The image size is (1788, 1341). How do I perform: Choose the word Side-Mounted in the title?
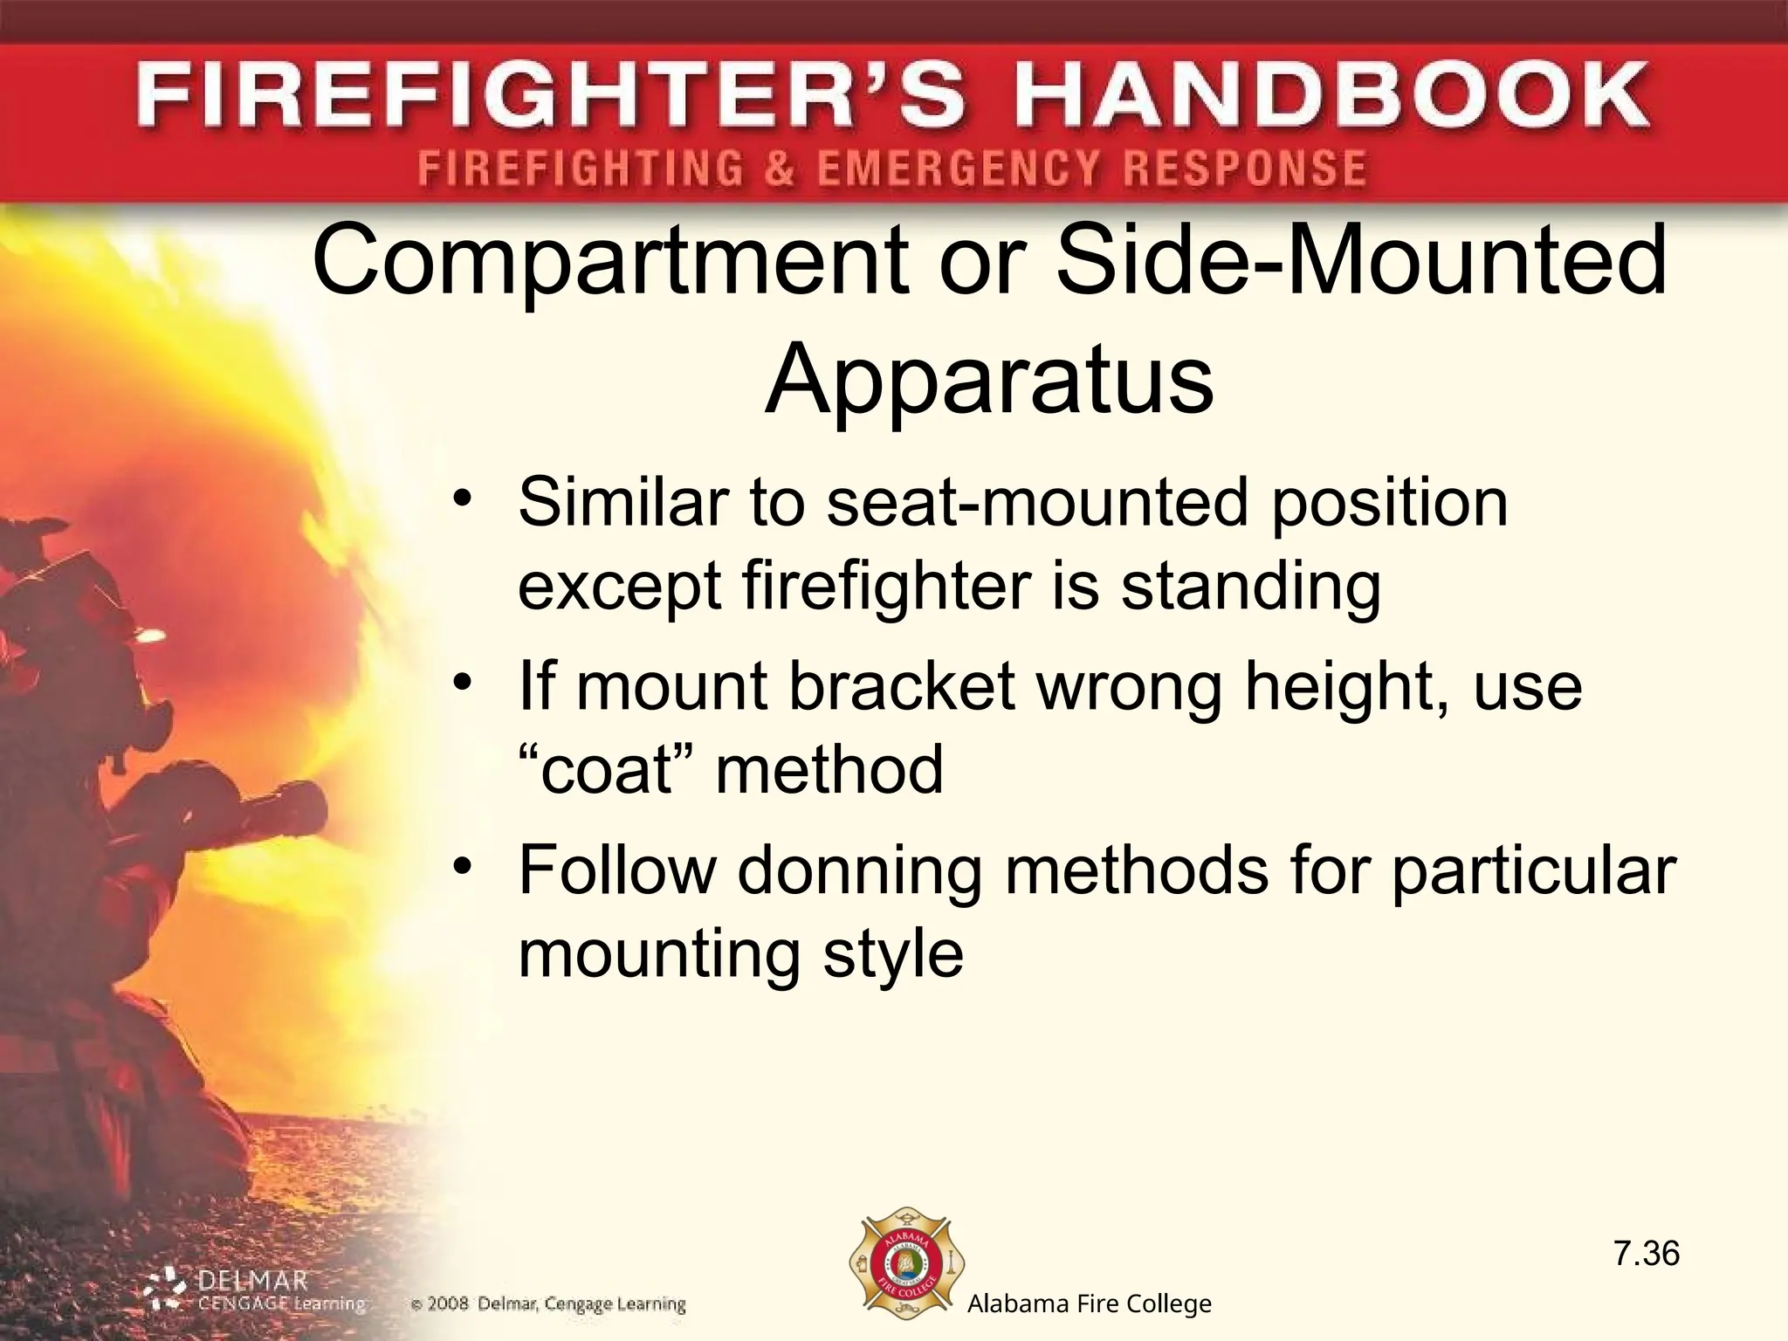[x=1362, y=261]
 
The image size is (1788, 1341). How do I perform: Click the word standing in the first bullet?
[x=1250, y=587]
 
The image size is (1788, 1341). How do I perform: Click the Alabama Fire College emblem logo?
[x=907, y=1262]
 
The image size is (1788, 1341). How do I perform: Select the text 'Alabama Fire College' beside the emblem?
[x=1089, y=1304]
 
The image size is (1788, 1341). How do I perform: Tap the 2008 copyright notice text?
[x=548, y=1305]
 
